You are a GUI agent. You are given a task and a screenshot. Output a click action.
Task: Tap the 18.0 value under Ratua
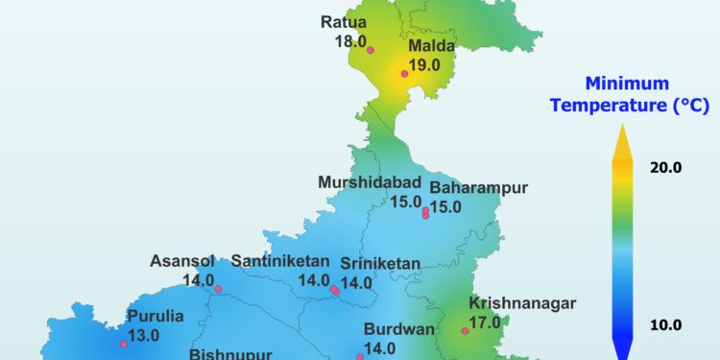click(350, 41)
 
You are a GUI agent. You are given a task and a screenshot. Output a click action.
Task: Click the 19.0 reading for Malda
click(423, 65)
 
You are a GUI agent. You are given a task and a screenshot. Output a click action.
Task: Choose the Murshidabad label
click(370, 182)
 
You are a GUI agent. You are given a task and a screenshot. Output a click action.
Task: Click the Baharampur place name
click(478, 188)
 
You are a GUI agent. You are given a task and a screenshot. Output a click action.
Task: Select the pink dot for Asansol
click(218, 289)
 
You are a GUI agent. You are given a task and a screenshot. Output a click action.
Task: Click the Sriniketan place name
click(380, 263)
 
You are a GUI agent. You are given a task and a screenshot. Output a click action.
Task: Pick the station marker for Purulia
click(123, 344)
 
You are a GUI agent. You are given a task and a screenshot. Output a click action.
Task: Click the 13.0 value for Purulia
click(143, 335)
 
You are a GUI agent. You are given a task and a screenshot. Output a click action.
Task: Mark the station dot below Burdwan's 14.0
click(360, 357)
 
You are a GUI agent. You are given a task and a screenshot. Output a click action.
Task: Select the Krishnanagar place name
click(522, 303)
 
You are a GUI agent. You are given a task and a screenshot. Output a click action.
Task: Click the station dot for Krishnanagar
click(465, 331)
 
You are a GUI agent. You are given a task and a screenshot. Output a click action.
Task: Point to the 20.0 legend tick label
click(665, 167)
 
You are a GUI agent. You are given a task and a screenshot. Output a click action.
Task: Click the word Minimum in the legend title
click(614, 83)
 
